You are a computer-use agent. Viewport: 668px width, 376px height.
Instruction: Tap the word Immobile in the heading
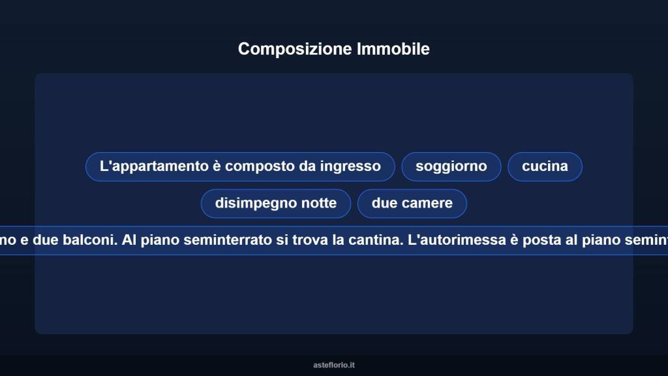tap(393, 49)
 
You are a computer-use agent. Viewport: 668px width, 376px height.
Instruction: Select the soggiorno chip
tap(451, 166)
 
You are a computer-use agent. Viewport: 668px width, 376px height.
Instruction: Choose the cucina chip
tap(545, 166)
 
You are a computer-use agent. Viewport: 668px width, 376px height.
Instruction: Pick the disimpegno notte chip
tap(275, 204)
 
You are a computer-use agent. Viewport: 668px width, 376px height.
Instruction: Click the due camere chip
tap(412, 204)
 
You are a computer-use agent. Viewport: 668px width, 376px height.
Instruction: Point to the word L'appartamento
tap(154, 166)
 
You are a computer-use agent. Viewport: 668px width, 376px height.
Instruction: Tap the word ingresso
tap(351, 166)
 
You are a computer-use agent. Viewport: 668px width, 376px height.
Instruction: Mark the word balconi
tap(91, 240)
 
